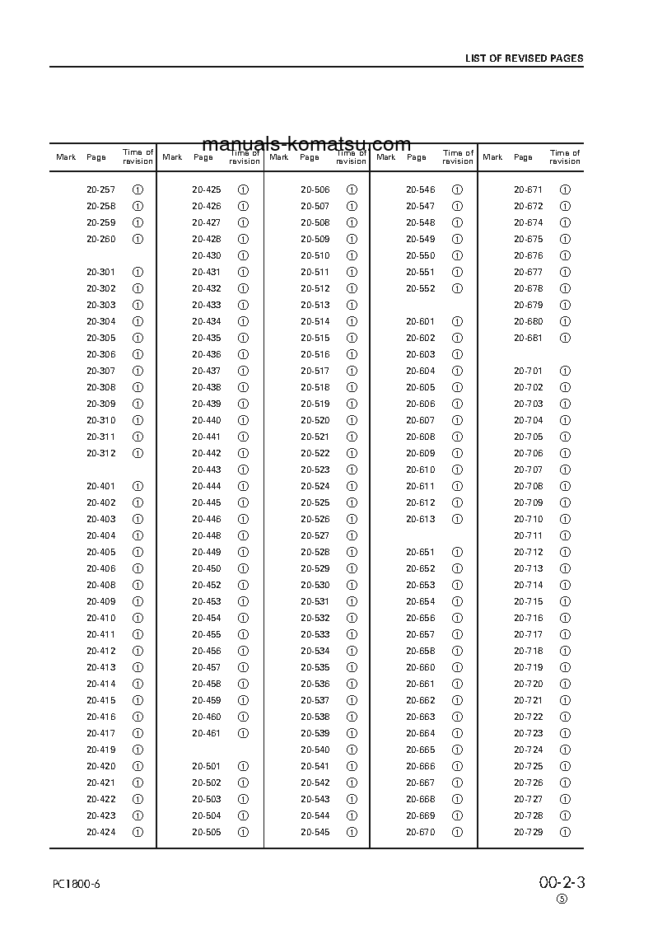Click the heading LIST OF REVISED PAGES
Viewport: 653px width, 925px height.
click(524, 58)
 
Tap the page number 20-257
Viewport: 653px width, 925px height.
click(100, 189)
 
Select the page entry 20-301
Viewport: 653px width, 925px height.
click(100, 272)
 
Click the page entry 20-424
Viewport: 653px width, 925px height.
click(100, 832)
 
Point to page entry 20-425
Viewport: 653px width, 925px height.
click(206, 189)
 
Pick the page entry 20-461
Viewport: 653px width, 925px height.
click(206, 733)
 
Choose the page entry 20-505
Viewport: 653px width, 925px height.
click(206, 832)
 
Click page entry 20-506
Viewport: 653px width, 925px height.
click(315, 189)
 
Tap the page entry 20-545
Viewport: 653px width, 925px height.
click(315, 832)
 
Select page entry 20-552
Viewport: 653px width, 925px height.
click(420, 288)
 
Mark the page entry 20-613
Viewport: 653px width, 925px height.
click(420, 519)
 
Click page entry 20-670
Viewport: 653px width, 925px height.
click(420, 832)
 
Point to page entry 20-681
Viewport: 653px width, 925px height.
click(528, 338)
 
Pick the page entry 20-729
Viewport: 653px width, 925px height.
click(528, 832)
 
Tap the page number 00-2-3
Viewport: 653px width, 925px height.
click(562, 883)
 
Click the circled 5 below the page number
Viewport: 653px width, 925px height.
click(562, 899)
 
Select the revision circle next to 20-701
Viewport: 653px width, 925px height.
click(565, 371)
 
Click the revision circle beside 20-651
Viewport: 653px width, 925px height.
click(458, 552)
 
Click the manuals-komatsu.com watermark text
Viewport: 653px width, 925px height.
click(306, 144)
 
